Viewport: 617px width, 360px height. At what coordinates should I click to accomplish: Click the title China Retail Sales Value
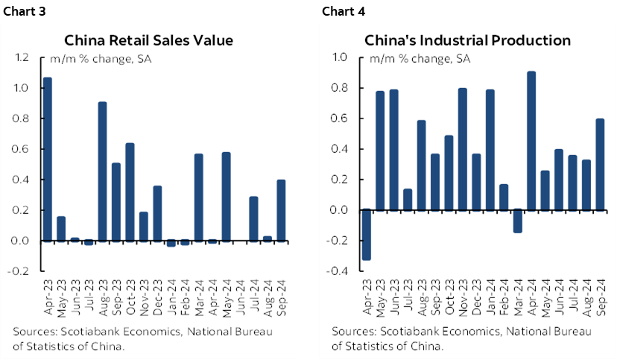[x=148, y=40]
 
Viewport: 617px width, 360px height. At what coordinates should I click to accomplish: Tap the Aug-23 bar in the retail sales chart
[x=102, y=171]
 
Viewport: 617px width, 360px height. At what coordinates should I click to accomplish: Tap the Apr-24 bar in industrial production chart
[x=531, y=141]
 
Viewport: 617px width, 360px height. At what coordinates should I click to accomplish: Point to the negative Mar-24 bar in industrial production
[x=517, y=221]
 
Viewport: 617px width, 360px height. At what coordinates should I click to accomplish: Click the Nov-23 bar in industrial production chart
[x=462, y=149]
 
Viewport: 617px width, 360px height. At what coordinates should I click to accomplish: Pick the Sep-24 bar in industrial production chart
[x=599, y=164]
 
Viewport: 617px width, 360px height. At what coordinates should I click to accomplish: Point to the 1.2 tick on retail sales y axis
[x=22, y=57]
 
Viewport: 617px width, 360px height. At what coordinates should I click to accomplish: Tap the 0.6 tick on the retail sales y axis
[x=22, y=149]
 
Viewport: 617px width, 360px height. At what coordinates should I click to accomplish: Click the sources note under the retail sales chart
[x=149, y=338]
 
